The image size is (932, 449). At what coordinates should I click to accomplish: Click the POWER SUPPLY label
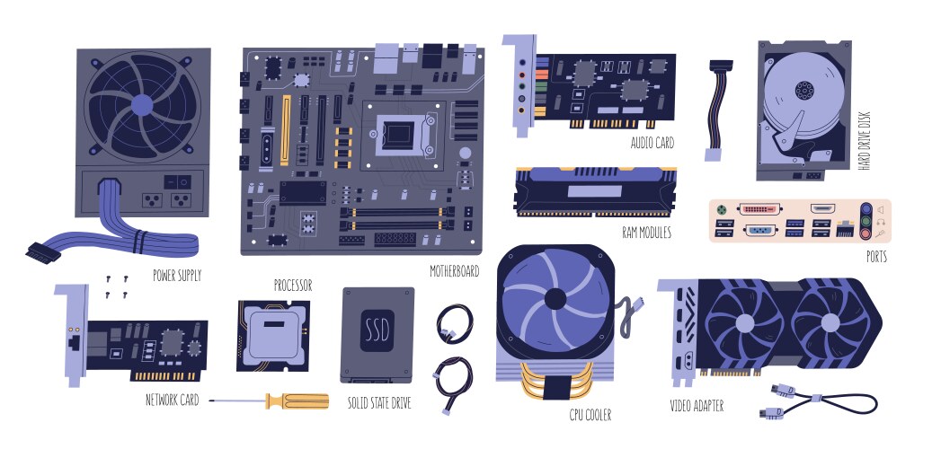point(177,275)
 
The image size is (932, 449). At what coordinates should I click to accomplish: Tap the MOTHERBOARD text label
point(454,270)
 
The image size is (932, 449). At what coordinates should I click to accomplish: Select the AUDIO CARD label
point(652,143)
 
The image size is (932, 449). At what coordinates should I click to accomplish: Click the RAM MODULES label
point(646,232)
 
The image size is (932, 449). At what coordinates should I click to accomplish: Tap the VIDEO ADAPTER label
point(697,406)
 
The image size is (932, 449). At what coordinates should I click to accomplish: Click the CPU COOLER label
point(590,414)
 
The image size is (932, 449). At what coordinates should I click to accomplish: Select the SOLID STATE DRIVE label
point(379,404)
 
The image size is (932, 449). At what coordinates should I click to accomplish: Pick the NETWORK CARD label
point(172,400)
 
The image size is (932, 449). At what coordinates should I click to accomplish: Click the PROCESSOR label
point(293,286)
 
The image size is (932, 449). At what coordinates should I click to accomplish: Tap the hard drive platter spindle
point(803,91)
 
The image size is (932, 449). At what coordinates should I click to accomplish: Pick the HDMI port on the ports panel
point(821,208)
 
